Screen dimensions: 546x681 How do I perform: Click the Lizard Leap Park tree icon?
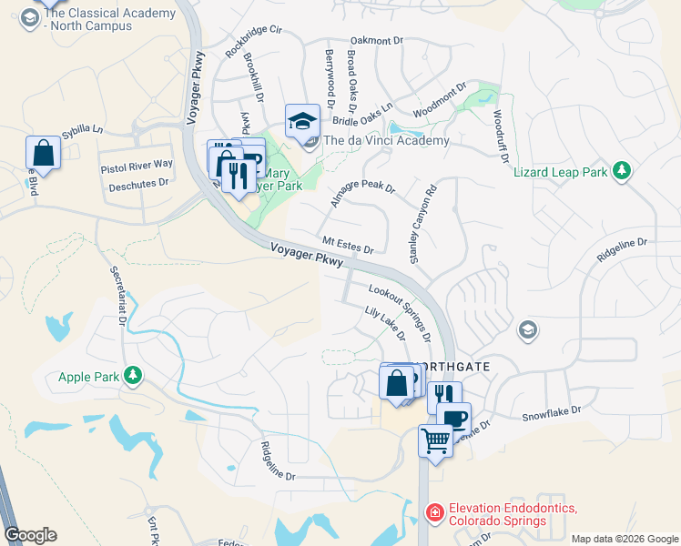623,171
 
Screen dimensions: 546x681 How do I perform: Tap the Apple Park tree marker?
133,376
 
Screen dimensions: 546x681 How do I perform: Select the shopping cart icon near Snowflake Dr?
435,441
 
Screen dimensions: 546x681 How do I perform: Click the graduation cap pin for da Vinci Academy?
302,120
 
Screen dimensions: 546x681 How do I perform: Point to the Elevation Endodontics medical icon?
435,514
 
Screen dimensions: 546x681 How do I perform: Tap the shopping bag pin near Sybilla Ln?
43,153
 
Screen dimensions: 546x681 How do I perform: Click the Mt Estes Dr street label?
349,246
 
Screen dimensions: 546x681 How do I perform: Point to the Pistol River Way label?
136,165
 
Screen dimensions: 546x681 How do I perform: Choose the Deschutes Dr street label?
139,182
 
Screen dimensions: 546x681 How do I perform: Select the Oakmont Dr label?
376,41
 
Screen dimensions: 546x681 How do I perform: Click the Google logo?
30,535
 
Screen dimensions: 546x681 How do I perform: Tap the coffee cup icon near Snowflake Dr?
453,418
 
